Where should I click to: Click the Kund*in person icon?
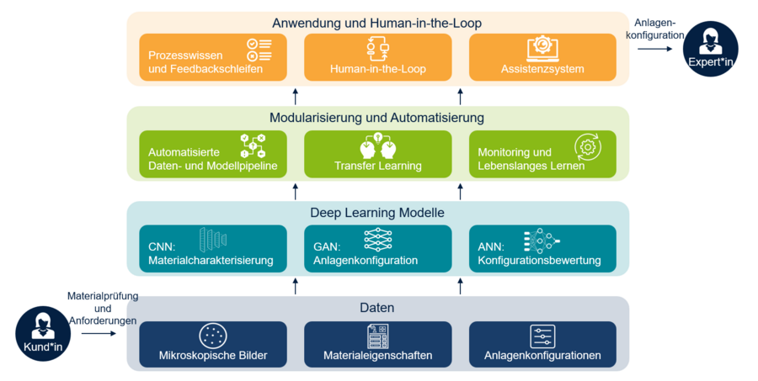(40, 332)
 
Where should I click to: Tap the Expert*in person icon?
(711, 49)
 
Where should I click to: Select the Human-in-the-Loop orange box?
(377, 58)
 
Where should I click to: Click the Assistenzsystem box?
(542, 58)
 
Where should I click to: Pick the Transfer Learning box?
(377, 155)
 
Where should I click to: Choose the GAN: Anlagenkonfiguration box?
(377, 249)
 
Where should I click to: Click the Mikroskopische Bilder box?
(212, 345)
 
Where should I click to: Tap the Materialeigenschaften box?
(377, 345)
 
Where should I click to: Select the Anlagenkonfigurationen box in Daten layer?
(542, 345)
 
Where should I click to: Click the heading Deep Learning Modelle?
(377, 213)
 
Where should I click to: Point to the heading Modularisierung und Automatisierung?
(376, 118)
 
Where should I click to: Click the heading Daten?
(377, 308)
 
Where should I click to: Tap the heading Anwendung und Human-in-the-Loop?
(377, 23)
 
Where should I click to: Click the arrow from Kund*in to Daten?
(99, 333)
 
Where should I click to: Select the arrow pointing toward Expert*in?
(654, 50)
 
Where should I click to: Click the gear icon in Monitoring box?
(588, 146)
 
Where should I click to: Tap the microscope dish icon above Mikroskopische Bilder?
(212, 336)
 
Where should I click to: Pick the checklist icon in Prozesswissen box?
(258, 50)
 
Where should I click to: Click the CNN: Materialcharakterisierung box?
(212, 249)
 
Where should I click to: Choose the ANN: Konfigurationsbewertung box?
(542, 249)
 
